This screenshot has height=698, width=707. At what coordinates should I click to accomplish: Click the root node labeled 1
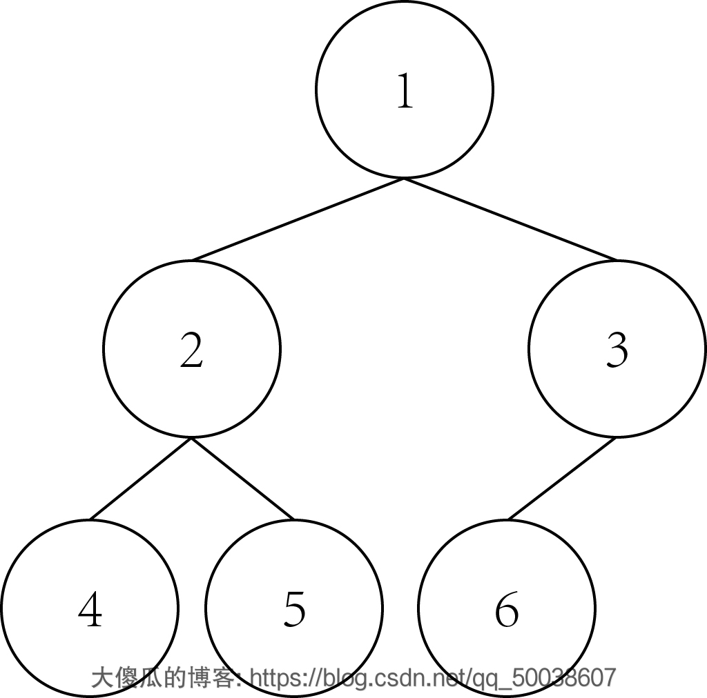tap(404, 90)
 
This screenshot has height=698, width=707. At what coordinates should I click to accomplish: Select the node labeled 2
tap(192, 349)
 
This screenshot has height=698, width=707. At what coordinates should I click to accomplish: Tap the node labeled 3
tap(617, 349)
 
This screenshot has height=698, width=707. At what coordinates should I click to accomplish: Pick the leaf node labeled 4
tap(90, 608)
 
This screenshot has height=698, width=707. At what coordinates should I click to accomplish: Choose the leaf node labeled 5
tap(294, 608)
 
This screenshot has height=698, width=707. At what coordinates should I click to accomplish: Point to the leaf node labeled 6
tap(507, 608)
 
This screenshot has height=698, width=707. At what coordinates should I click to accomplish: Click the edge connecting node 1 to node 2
tap(298, 219)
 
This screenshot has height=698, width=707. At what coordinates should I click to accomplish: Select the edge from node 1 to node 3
tap(511, 219)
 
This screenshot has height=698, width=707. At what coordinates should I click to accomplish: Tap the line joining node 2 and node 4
tap(141, 479)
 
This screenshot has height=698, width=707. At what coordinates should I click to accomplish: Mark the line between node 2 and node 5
tap(243, 479)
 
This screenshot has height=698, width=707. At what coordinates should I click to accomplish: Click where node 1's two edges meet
tap(404, 179)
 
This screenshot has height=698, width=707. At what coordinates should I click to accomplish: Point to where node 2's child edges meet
tap(192, 438)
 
